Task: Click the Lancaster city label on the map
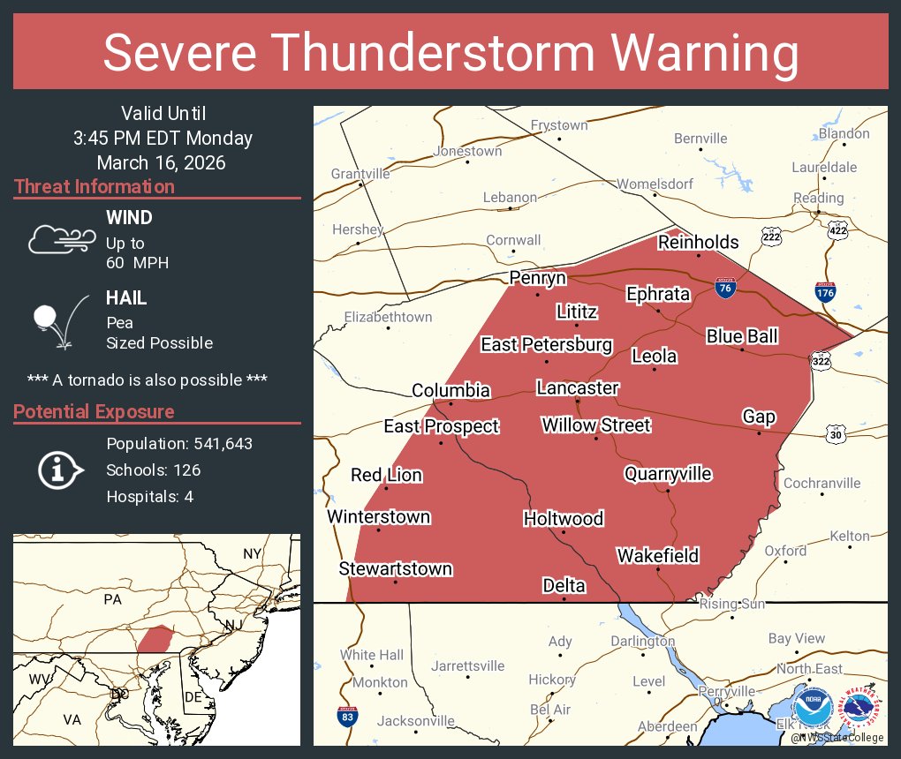[578, 387]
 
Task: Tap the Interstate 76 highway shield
[724, 288]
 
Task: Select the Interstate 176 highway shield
[825, 292]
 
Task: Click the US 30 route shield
[836, 434]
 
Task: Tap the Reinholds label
[698, 242]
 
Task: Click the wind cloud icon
[61, 239]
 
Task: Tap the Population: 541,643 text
[179, 443]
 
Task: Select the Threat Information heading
[95, 186]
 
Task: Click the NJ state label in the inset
[233, 625]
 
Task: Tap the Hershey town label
[358, 229]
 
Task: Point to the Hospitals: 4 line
[149, 496]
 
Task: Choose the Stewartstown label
[395, 569]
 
